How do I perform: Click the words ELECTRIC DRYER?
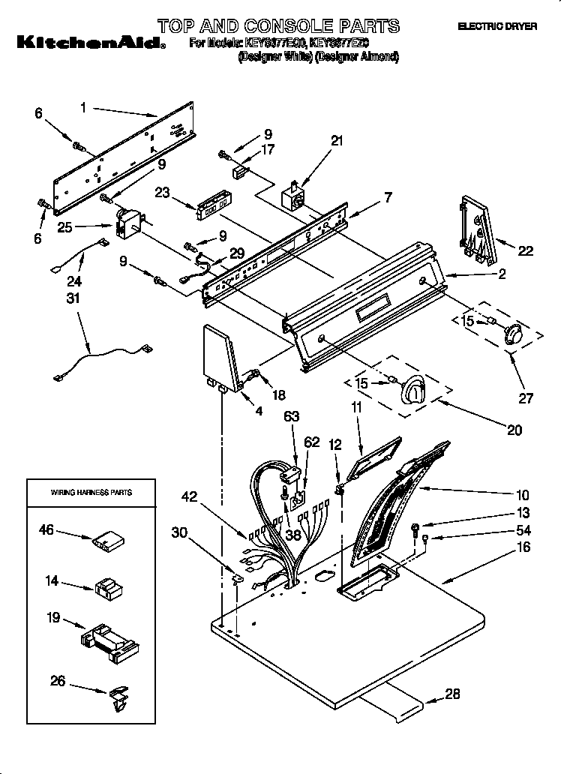[497, 26]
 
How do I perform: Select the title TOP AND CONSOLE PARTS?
[278, 26]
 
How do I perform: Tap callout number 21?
[337, 140]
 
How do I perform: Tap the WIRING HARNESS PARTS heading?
[91, 493]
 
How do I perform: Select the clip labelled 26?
[118, 697]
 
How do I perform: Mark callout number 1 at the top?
[83, 108]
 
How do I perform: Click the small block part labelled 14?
[108, 587]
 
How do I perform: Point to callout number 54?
[523, 531]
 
